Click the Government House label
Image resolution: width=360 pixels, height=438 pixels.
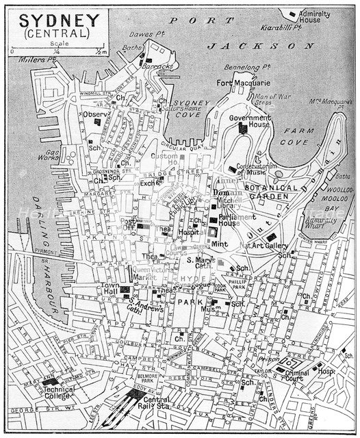(x=250, y=122)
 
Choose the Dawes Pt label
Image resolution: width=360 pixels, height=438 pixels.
(x=145, y=34)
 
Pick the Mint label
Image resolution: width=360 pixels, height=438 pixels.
(x=220, y=244)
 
